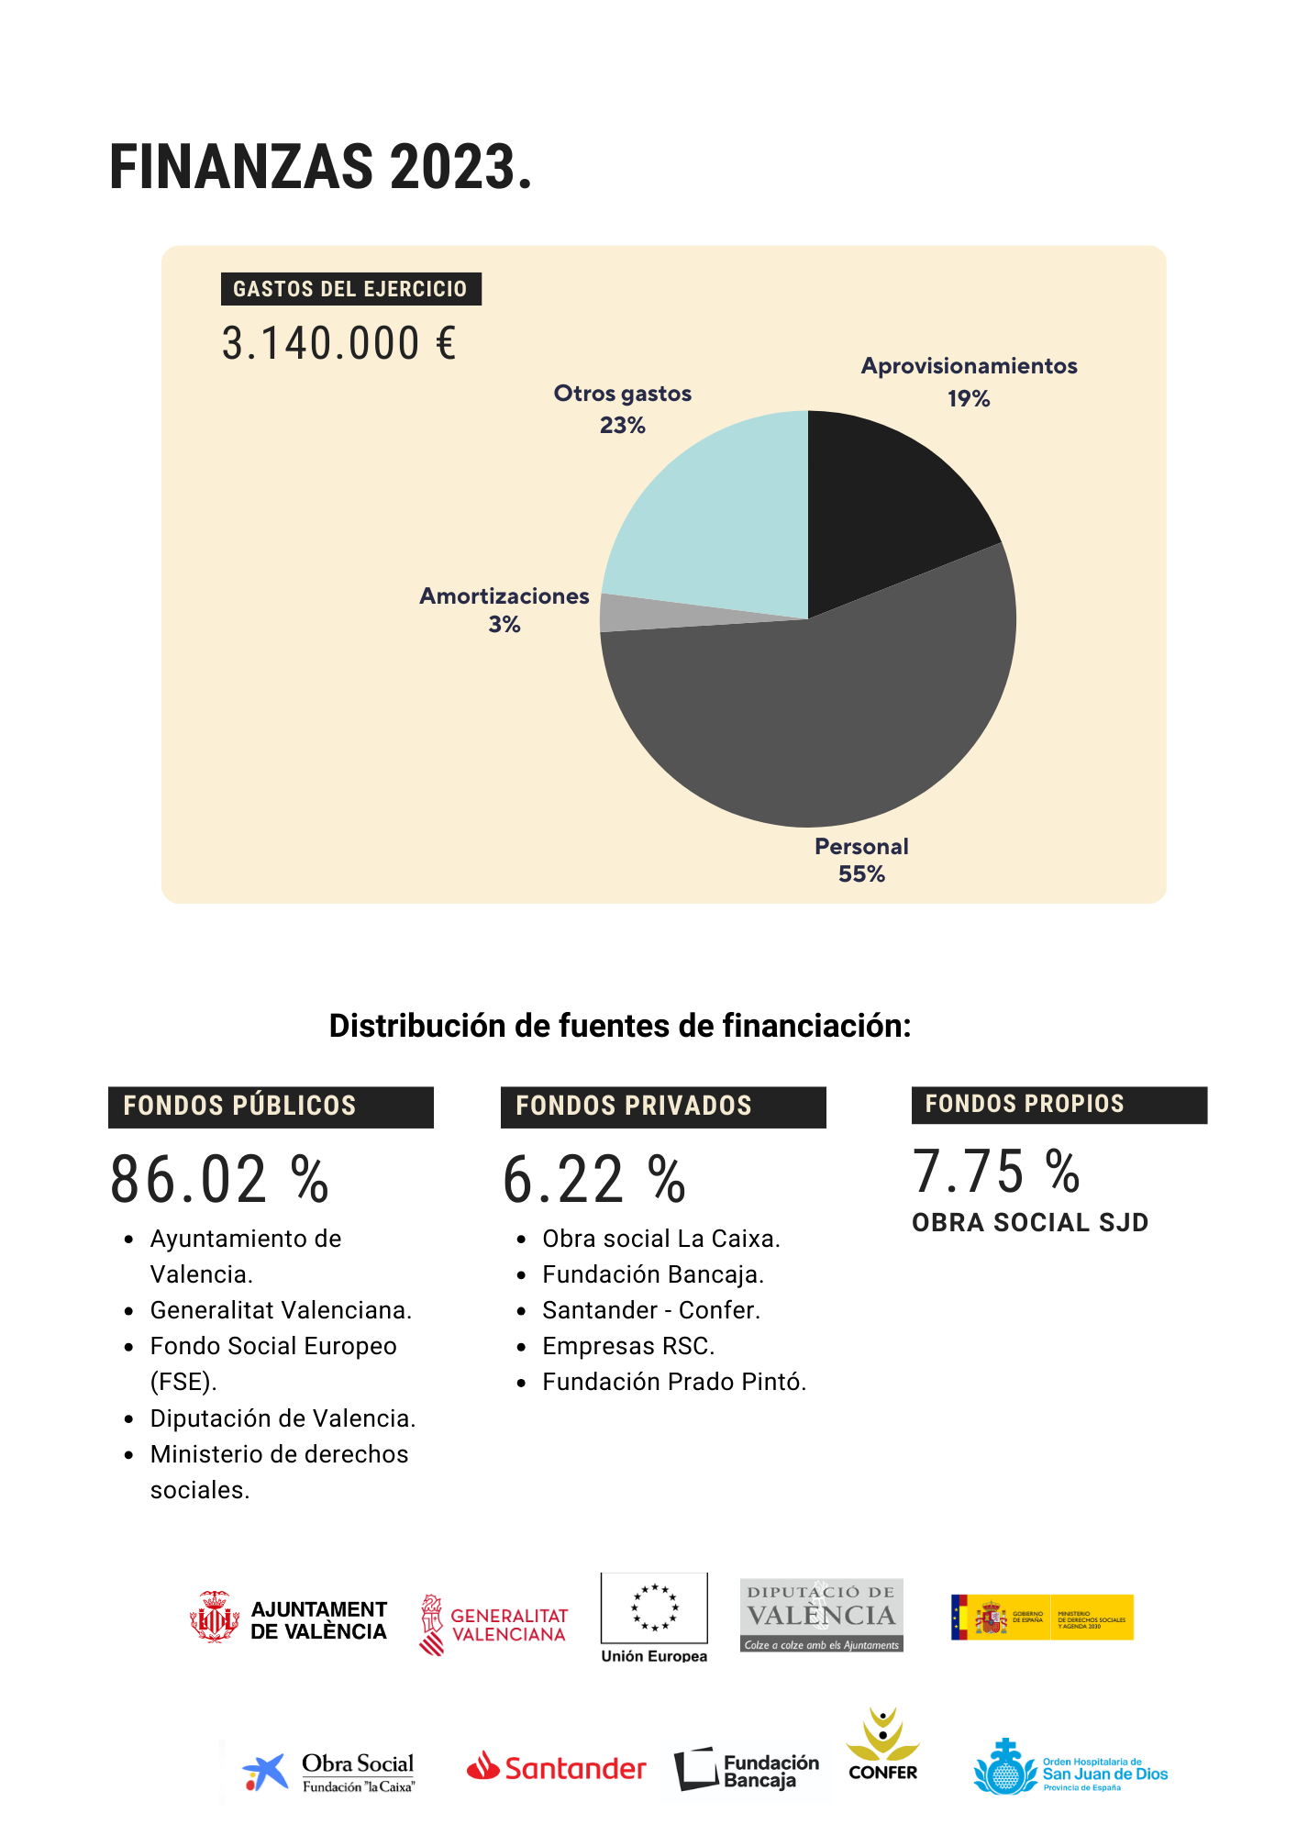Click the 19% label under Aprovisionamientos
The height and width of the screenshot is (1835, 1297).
pyautogui.click(x=969, y=399)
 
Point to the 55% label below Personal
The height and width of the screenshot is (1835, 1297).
pyautogui.click(x=861, y=874)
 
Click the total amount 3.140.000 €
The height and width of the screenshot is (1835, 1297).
pyautogui.click(x=338, y=344)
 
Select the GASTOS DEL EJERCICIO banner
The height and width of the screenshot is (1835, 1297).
pyautogui.click(x=350, y=289)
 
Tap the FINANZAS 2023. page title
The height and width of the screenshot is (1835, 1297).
pyautogui.click(x=320, y=167)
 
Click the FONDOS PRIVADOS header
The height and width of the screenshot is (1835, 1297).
pyautogui.click(x=662, y=1107)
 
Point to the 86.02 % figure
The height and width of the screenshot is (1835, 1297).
pyautogui.click(x=219, y=1180)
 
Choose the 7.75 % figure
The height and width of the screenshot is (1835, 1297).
pyautogui.click(x=996, y=1173)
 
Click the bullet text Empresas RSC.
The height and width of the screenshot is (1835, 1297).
pyautogui.click(x=628, y=1346)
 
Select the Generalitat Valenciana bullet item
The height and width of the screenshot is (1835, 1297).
pyautogui.click(x=281, y=1310)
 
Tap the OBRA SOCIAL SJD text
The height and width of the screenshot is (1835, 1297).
pyautogui.click(x=1029, y=1223)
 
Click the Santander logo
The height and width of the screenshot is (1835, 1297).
pyautogui.click(x=557, y=1767)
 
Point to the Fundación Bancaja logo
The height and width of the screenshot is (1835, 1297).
pyautogui.click(x=747, y=1770)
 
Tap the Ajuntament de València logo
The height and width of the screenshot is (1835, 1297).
pyautogui.click(x=288, y=1618)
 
